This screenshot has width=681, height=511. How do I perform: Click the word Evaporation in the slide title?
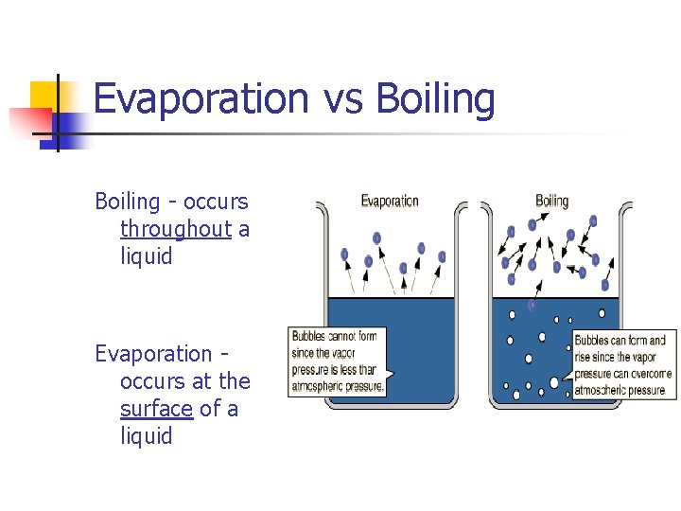(x=201, y=99)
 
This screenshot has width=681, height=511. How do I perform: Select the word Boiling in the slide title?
(x=436, y=99)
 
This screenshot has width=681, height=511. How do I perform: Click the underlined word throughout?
(x=176, y=229)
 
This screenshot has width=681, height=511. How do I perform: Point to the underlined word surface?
(x=156, y=409)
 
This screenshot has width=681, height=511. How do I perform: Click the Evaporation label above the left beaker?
(x=390, y=201)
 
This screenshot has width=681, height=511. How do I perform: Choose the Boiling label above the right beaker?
(x=552, y=201)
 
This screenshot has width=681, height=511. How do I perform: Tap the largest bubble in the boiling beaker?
(x=554, y=382)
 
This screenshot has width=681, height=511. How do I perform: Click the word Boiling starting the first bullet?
(x=128, y=202)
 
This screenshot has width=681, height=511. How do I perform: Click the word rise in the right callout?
(x=585, y=357)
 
